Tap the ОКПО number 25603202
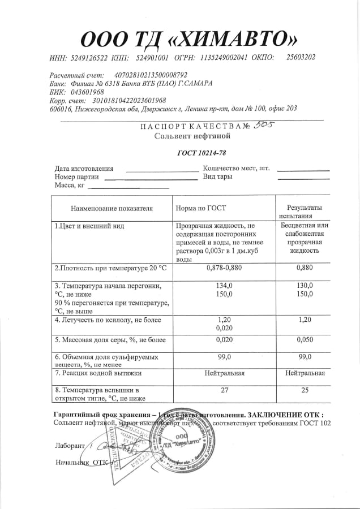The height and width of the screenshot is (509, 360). tap(301, 57)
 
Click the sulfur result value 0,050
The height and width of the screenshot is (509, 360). tap(305, 339)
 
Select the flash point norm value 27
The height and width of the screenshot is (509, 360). tap(225, 390)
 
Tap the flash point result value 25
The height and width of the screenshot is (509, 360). tap(305, 390)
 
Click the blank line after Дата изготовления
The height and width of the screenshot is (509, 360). tap(162, 169)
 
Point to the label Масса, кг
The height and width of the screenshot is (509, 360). tap(70, 185)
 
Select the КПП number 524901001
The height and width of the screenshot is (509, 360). tap(153, 57)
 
